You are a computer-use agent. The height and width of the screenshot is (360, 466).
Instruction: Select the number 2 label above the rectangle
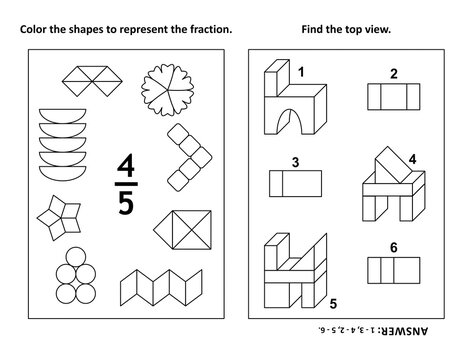(x=393, y=73)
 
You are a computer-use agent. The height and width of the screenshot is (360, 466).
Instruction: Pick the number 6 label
(x=393, y=247)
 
